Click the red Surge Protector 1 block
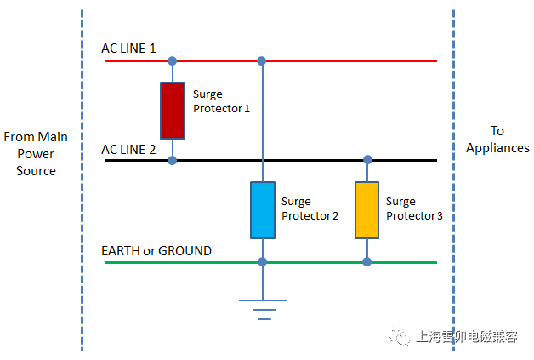(173, 110)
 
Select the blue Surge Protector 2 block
(262, 209)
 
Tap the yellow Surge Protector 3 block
(367, 209)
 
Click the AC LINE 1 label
(128, 49)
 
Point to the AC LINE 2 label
(128, 149)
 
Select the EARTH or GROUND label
(156, 251)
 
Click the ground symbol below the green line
(262, 308)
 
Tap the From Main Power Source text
(36, 154)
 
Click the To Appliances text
(497, 139)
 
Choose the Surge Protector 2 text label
(310, 209)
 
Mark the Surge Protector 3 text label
(414, 209)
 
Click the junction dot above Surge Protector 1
(173, 61)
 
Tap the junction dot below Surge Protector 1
(173, 160)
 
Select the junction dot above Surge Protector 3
(367, 160)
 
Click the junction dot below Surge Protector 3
(367, 262)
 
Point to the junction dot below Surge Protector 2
(262, 262)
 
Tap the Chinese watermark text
(468, 337)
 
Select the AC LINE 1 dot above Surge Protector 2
(262, 61)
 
